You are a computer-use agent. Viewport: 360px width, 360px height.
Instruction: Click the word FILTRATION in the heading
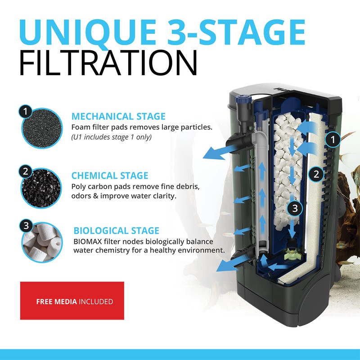(108, 63)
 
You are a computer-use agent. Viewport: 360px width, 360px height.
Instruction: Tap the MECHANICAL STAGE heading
(118, 117)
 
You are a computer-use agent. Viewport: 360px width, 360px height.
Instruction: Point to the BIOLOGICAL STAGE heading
(116, 231)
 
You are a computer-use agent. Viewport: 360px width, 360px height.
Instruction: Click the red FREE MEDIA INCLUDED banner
(72, 301)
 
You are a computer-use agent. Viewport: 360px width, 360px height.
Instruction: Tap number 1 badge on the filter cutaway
(333, 140)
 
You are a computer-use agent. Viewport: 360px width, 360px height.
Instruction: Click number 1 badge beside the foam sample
(26, 111)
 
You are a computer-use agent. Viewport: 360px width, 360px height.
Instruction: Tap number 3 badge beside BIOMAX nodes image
(26, 225)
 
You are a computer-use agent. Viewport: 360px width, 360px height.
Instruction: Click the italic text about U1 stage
(112, 137)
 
